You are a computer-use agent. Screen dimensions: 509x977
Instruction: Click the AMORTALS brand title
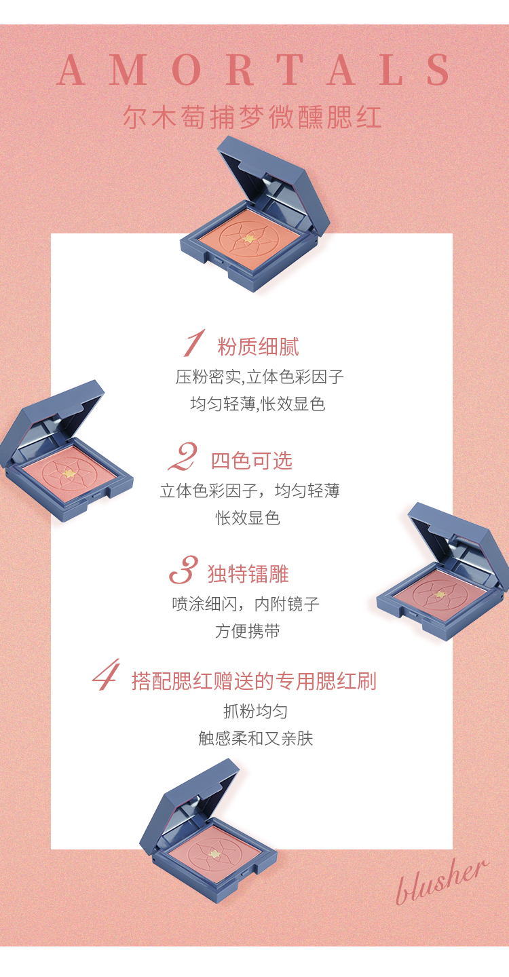[x=254, y=70]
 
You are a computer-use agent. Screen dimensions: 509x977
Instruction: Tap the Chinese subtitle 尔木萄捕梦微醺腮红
[x=252, y=117]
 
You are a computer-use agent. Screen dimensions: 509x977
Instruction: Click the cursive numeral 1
[x=193, y=343]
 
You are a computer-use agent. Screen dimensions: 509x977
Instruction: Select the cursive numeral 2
[x=183, y=457]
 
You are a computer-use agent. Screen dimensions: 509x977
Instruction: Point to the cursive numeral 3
[x=184, y=570]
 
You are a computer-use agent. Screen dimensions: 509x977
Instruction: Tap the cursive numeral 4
[x=107, y=674]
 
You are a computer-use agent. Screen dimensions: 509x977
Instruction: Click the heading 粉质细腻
[x=258, y=347]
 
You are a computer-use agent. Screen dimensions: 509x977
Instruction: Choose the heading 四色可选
[x=252, y=461]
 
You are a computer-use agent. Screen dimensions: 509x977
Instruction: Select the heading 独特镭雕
[x=248, y=574]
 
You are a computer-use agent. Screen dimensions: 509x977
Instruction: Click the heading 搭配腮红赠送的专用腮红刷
[x=254, y=681]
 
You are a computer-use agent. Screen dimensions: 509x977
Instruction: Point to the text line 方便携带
[x=248, y=631]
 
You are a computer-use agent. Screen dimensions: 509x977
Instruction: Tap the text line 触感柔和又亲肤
[x=256, y=738]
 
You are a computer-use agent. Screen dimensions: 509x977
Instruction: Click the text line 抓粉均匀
[x=256, y=711]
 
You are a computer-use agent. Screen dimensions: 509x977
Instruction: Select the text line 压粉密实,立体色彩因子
[x=259, y=377]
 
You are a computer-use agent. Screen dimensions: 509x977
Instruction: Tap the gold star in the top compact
[x=249, y=239]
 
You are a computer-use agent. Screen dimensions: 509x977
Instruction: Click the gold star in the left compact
[x=69, y=473]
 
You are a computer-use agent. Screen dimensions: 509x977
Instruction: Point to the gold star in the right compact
[x=439, y=594]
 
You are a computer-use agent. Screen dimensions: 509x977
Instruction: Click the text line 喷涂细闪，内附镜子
[x=246, y=604]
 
